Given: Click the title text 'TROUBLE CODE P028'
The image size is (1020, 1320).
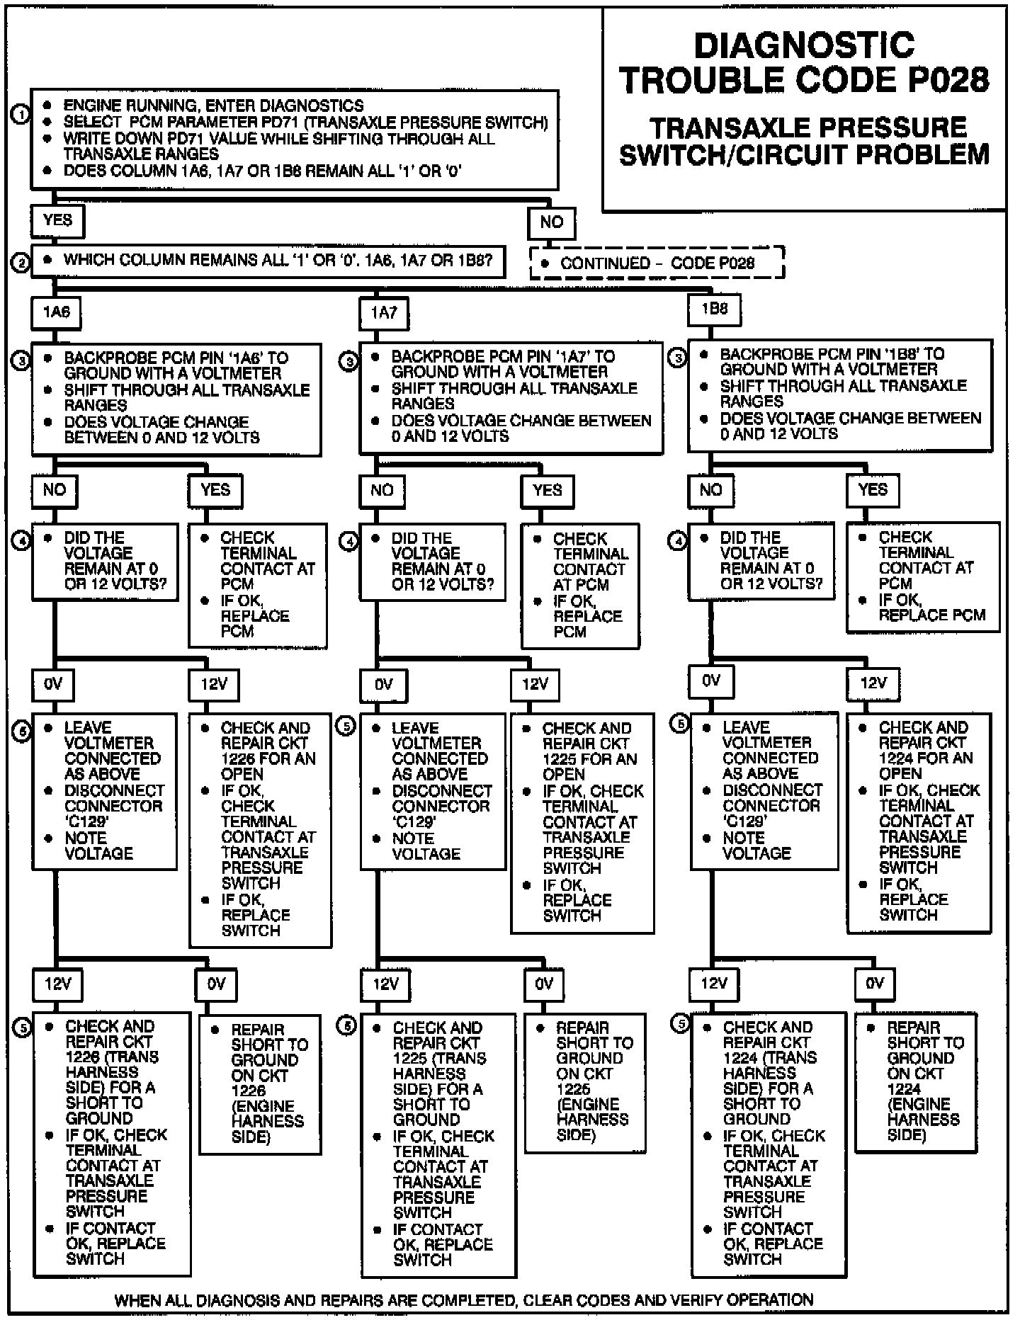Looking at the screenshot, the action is click(804, 80).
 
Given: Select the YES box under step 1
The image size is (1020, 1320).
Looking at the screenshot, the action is click(57, 221).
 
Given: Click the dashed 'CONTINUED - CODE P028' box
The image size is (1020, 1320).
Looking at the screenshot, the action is click(657, 263).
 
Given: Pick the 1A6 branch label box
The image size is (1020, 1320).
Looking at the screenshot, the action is click(56, 312).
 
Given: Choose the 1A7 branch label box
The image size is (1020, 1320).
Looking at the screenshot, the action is click(383, 313).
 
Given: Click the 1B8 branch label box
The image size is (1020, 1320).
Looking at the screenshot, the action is click(714, 309).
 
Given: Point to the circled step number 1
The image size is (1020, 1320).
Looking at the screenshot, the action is click(21, 113).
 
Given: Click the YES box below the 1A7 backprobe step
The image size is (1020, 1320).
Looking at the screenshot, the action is click(547, 490).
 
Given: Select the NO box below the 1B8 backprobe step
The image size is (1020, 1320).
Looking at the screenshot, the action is click(710, 490).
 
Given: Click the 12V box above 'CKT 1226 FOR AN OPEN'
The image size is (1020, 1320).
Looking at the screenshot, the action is click(213, 684).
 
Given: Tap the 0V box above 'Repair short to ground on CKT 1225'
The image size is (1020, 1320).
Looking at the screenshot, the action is click(543, 984).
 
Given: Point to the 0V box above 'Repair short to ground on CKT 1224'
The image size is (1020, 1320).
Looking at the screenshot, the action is click(875, 983).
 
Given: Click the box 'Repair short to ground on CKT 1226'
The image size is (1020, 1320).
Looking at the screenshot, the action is click(259, 1084).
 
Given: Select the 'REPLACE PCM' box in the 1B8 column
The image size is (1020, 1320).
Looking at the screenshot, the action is click(923, 576).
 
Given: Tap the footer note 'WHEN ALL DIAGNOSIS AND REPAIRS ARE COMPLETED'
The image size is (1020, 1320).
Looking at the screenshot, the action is click(464, 1300).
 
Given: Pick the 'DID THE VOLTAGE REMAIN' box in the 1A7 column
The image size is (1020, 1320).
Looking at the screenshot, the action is click(432, 562).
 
